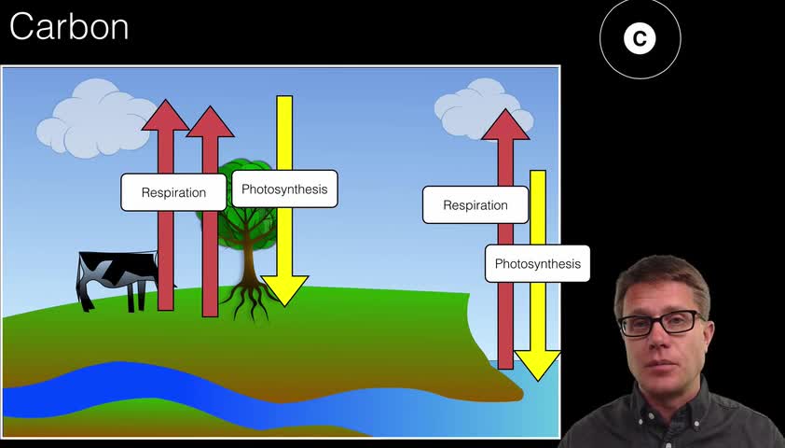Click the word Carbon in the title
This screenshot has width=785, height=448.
click(69, 27)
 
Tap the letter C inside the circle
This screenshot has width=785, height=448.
click(640, 38)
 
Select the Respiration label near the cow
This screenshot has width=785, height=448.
click(173, 192)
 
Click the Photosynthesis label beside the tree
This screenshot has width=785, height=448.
click(284, 189)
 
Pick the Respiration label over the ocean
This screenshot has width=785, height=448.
click(475, 205)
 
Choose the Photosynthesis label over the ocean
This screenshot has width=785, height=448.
click(537, 263)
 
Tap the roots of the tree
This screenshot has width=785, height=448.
click(250, 299)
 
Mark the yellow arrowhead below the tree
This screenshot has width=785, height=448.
click(284, 290)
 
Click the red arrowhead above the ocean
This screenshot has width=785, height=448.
click(505, 125)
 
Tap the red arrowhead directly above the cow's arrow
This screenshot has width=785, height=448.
click(165, 115)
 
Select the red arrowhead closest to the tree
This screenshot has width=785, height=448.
click(210, 122)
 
